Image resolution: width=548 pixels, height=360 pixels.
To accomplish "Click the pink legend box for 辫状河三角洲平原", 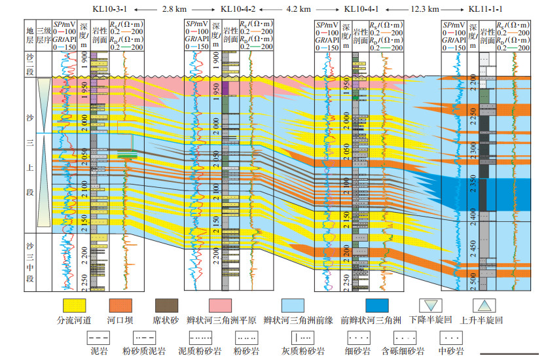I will (225, 305).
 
